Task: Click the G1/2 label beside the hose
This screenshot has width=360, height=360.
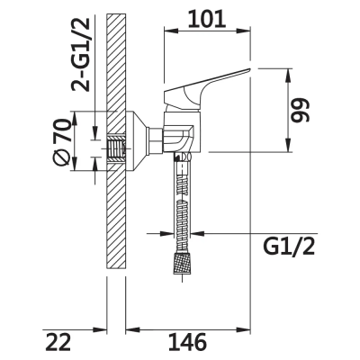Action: coord(292,245)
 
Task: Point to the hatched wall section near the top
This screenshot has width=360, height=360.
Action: coord(115,54)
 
